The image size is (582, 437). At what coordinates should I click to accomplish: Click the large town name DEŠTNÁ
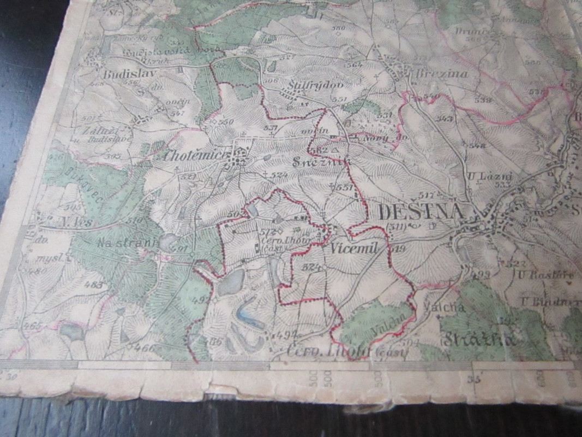(420, 212)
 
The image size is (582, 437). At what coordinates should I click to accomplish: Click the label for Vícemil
(354, 248)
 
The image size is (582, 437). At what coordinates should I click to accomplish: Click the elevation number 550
(225, 121)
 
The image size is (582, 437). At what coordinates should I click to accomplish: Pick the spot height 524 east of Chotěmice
(279, 175)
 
